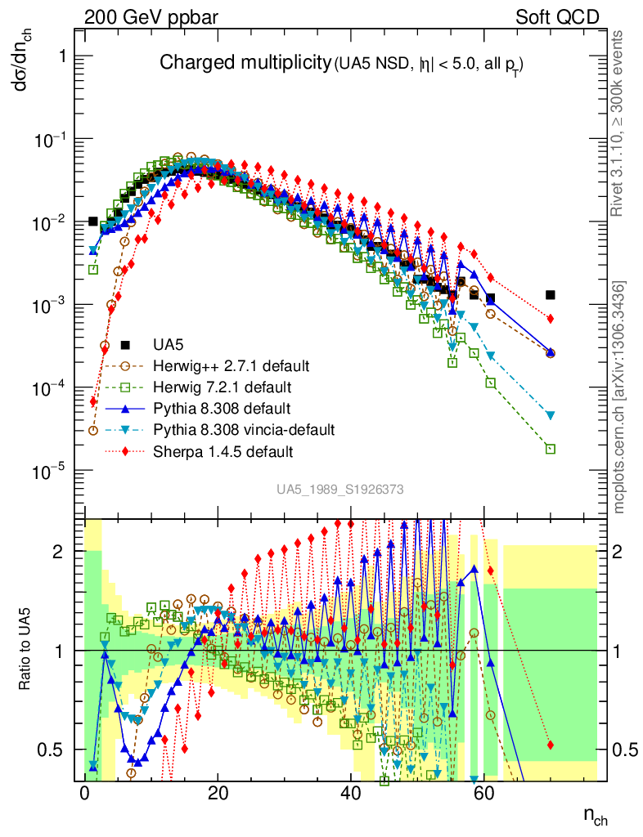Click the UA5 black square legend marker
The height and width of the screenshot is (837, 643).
(x=125, y=344)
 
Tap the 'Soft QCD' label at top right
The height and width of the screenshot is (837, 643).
(x=557, y=17)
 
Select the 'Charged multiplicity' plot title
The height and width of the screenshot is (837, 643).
(x=244, y=63)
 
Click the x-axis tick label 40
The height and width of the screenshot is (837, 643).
(x=350, y=793)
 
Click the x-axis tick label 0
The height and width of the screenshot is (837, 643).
(x=85, y=793)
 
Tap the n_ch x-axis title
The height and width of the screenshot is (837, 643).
(x=594, y=815)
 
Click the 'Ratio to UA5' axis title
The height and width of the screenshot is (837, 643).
(x=27, y=650)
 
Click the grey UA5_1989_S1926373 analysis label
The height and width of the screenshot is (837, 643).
(x=339, y=489)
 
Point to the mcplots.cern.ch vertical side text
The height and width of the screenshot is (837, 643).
(x=620, y=398)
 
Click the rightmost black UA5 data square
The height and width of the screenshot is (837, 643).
(x=551, y=295)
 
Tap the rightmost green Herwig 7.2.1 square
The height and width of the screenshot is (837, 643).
(x=551, y=449)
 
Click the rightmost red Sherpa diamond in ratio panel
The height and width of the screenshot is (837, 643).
(x=551, y=745)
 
